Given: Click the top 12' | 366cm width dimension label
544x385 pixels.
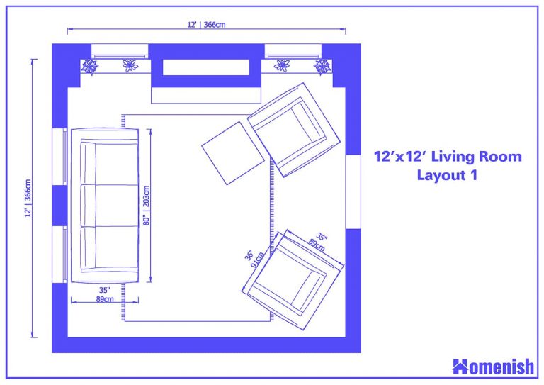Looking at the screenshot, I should (206, 25).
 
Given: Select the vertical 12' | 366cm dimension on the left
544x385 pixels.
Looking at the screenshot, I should (28, 198).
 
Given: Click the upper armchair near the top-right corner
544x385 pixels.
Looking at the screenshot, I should (293, 128).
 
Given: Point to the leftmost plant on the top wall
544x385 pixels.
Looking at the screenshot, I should (90, 67).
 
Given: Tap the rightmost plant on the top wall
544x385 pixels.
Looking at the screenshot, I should (322, 67).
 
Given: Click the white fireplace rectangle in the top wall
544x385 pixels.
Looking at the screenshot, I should (206, 67).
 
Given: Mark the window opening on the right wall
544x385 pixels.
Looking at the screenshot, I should (353, 191).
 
